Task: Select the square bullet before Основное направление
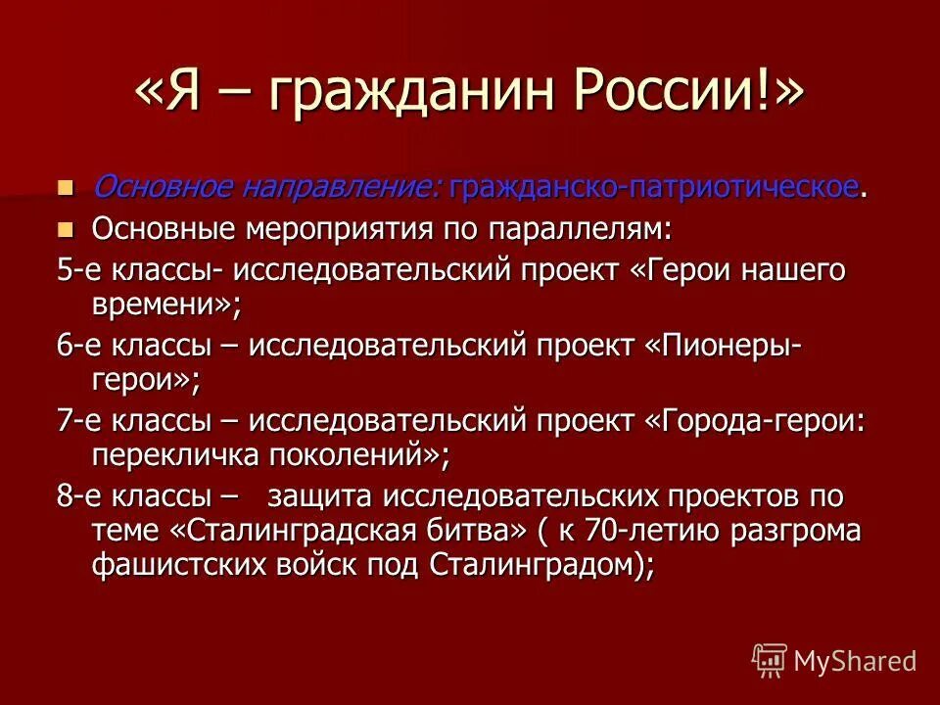click(x=66, y=186)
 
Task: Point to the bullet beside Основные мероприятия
click(x=66, y=229)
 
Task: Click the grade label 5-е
click(x=77, y=271)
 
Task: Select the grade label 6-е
click(x=77, y=346)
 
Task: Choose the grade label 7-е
click(x=77, y=420)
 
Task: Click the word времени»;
click(x=165, y=305)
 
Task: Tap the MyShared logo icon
click(x=770, y=660)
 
